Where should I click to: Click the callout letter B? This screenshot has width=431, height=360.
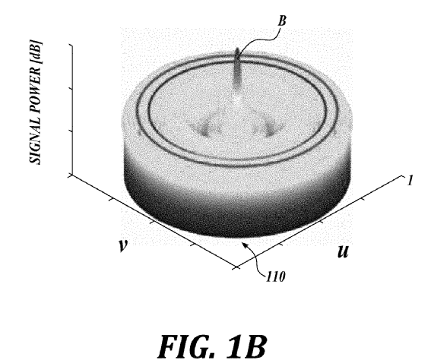[282, 21]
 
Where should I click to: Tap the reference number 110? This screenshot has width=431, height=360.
[276, 276]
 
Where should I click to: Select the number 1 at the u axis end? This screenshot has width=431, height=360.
[410, 181]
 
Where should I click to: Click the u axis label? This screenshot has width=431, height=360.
[344, 251]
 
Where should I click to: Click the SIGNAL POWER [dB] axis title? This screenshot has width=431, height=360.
[36, 103]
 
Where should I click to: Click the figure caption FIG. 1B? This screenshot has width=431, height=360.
[212, 345]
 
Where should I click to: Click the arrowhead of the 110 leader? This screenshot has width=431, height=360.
[243, 244]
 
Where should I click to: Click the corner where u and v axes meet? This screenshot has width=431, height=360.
[236, 267]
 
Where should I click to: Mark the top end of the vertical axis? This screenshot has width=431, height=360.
[72, 45]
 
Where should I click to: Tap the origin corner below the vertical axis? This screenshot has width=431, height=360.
[72, 175]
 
